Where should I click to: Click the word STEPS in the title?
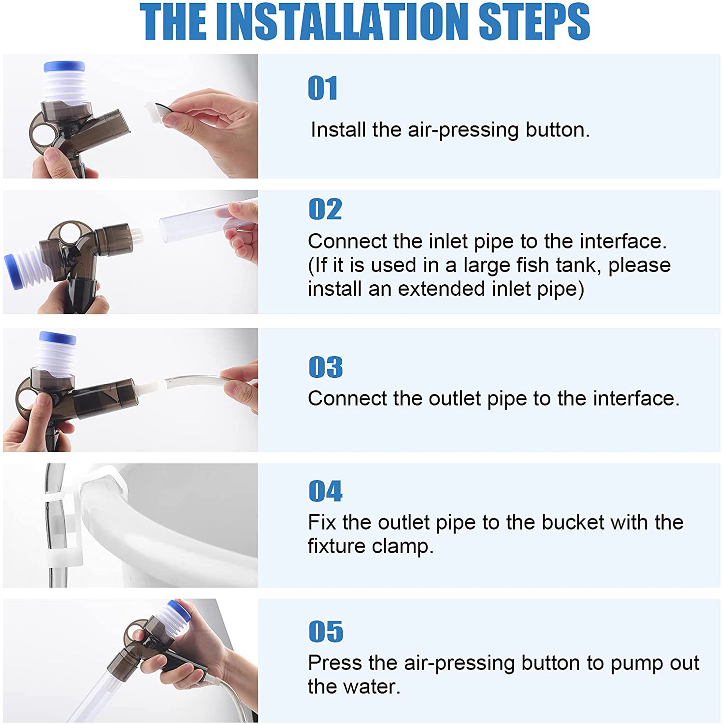point(535,21)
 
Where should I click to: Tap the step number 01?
point(322,88)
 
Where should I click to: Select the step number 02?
point(325,209)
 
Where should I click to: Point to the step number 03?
point(325,367)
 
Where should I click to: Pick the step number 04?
point(325,491)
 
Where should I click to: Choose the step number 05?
point(326,632)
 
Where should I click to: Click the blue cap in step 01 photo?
point(64,66)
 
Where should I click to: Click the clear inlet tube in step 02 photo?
point(208,221)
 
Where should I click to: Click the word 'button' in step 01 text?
point(558,130)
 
